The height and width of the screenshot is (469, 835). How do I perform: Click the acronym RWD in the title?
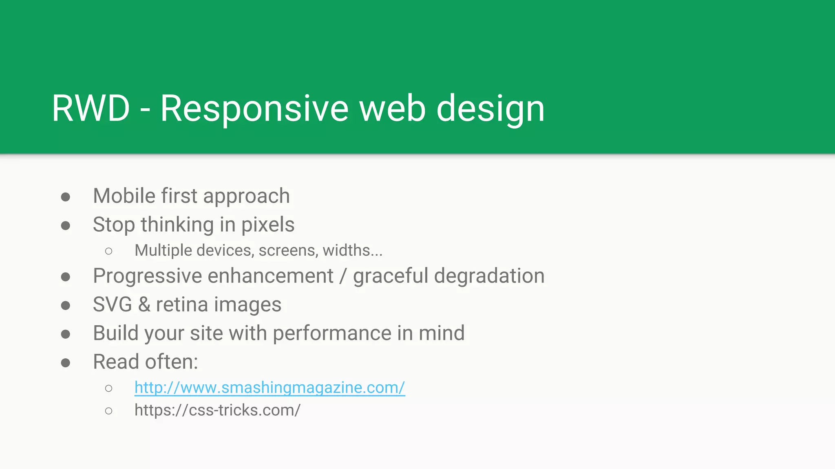coord(91,108)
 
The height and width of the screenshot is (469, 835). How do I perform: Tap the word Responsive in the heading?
coord(254,109)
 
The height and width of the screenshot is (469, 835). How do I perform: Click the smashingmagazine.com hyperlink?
coord(269,388)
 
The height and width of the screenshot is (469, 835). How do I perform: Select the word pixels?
coord(268,225)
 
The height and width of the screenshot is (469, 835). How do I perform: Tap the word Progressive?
coord(147,276)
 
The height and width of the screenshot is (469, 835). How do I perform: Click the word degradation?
coord(489,276)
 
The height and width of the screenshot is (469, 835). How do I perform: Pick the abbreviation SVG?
coord(112,305)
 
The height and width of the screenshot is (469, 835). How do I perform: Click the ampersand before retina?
coord(144,305)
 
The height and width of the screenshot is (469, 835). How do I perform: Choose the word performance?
coord(331,333)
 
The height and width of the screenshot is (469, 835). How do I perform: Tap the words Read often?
coord(145,362)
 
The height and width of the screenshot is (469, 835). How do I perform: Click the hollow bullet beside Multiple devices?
coord(108,251)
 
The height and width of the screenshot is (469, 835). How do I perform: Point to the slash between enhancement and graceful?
coord(343,276)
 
